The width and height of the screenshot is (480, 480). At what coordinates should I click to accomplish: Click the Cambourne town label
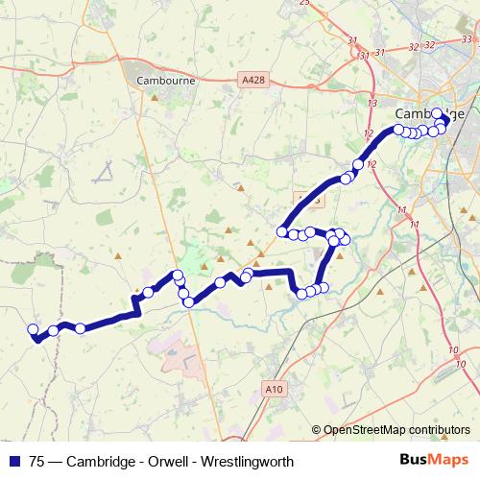click(166, 82)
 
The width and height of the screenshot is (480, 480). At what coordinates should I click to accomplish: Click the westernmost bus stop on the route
click(33, 329)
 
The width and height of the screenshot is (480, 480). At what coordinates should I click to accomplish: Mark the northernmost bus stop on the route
click(438, 113)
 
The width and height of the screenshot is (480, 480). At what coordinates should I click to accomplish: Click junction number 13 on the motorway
click(372, 101)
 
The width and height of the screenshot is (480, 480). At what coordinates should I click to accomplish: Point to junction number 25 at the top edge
click(305, 3)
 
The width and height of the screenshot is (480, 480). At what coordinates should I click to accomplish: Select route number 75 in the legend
click(37, 461)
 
